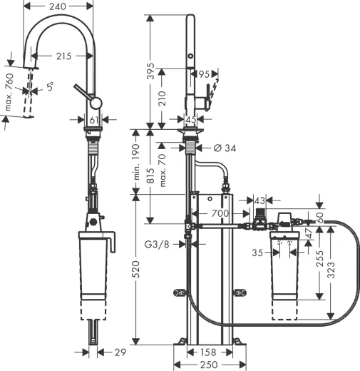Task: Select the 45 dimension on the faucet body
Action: click(191, 120)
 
